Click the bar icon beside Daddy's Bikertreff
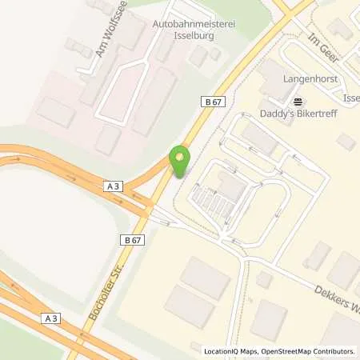click(298, 101)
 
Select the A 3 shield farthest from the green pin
click(52, 318)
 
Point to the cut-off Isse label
click(350, 98)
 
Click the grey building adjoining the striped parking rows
click(232, 188)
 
